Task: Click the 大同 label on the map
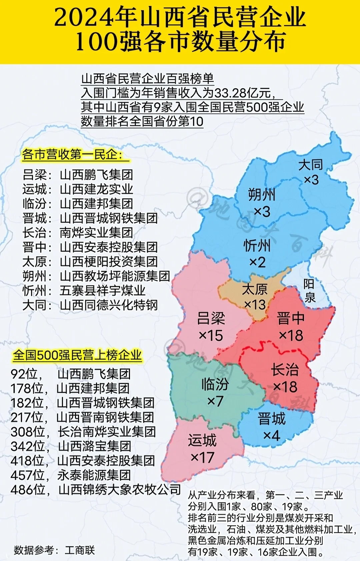[310, 165]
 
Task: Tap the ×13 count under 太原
[255, 304]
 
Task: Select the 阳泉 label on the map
[309, 290]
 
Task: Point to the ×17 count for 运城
[202, 457]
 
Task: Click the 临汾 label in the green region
[215, 384]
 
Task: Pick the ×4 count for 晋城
[271, 435]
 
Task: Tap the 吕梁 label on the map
[211, 318]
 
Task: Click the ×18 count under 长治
[285, 387]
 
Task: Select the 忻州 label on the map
[257, 246]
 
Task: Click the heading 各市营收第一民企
[72, 155]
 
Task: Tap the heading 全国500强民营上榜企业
[77, 355]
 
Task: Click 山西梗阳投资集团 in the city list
[109, 262]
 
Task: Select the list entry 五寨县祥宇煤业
[102, 290]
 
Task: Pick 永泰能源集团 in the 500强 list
[94, 475]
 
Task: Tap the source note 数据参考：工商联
[54, 550]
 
